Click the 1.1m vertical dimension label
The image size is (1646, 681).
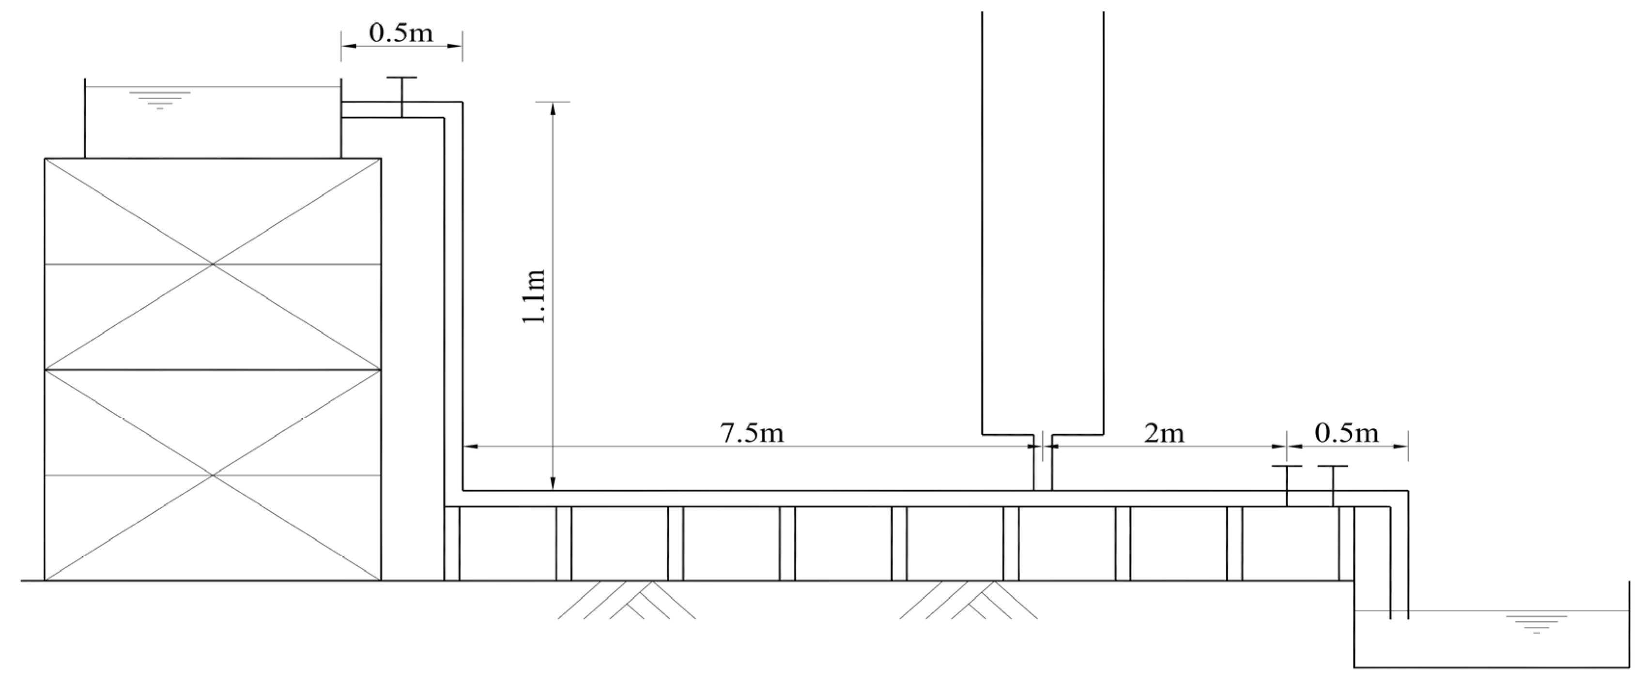tap(534, 296)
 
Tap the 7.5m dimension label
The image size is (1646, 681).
tap(752, 434)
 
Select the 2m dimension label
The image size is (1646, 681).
tap(1164, 434)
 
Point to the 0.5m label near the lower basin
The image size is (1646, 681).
tap(1347, 433)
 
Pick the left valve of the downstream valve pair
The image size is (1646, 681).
tap(1287, 486)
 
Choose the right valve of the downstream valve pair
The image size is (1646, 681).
tap(1333, 486)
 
